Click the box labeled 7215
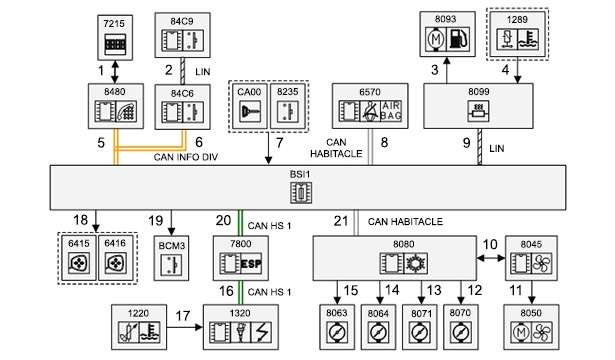[x=115, y=38]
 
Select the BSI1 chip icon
[x=301, y=193]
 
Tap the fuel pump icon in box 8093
[x=458, y=39]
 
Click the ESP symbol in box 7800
[x=251, y=264]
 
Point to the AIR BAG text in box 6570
[x=391, y=111]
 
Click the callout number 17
[x=182, y=316]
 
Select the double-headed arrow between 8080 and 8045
[x=491, y=258]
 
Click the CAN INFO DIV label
[x=186, y=157]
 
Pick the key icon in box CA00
[x=250, y=112]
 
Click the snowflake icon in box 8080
[x=415, y=263]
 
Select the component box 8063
[x=337, y=327]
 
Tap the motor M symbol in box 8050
[x=521, y=333]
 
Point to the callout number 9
[x=466, y=143]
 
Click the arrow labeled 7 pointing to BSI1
[x=269, y=148]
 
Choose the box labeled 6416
[x=116, y=258]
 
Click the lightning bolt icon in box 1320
[x=261, y=333]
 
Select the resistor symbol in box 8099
[x=478, y=111]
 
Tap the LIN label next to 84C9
[x=203, y=72]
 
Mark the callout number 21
[x=341, y=221]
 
